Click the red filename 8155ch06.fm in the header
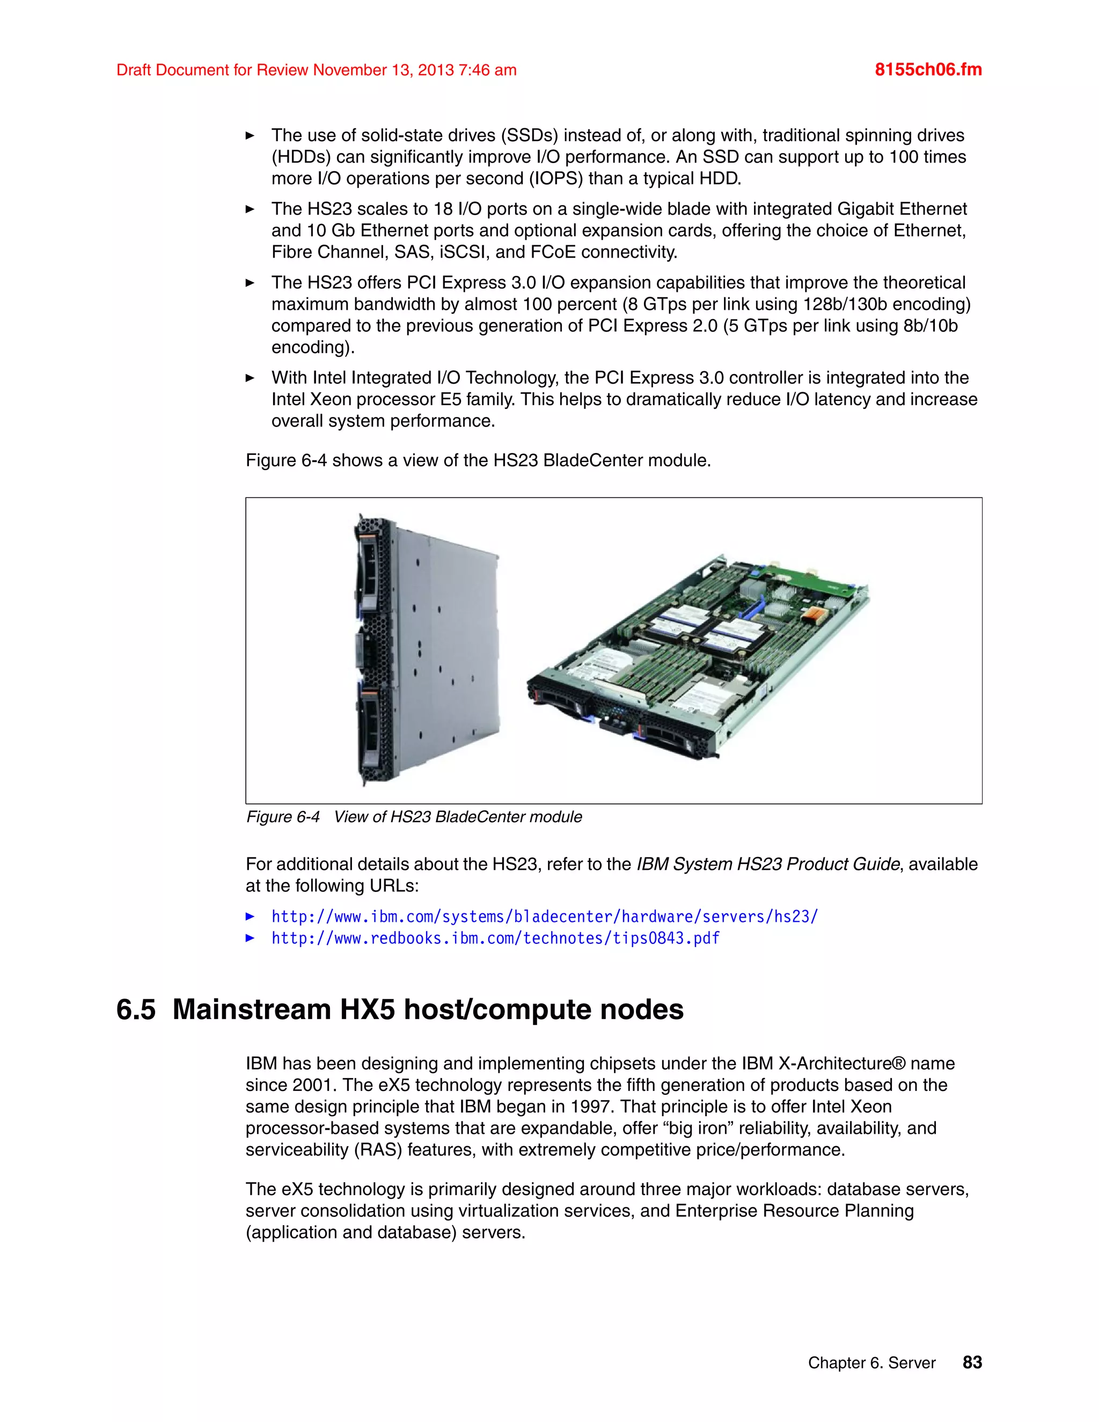(928, 70)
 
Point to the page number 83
(972, 1362)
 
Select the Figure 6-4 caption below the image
(414, 817)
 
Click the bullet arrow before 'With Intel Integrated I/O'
(250, 378)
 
